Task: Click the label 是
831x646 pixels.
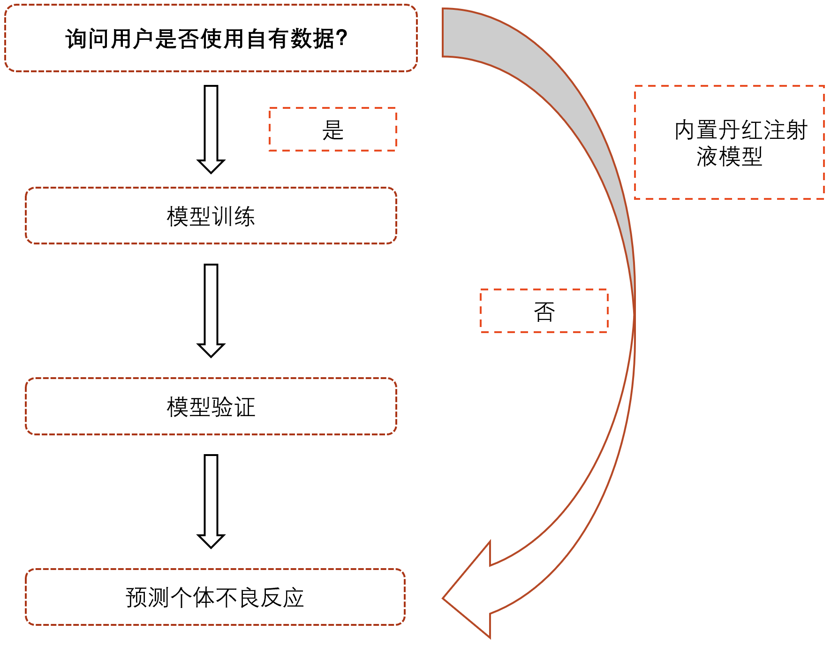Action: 333,130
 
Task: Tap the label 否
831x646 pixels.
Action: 544,312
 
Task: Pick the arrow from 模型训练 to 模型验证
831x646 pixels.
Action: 211,310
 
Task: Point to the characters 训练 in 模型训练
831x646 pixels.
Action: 234,216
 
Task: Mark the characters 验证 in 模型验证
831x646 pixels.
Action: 234,407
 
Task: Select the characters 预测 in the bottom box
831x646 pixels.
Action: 147,597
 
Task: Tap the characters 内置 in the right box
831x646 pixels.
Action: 697,130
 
